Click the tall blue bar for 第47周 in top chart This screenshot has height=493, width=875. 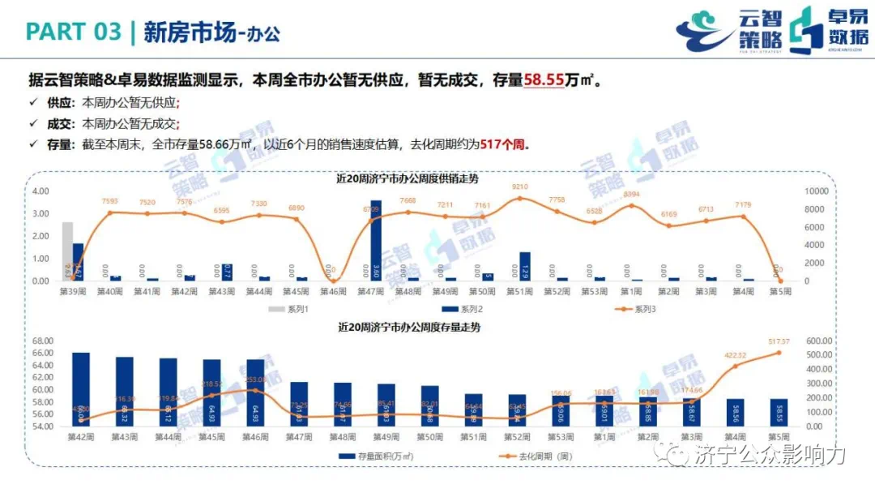click(x=376, y=240)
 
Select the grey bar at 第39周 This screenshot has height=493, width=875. click(x=67, y=251)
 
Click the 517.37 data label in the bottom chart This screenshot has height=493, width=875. click(x=779, y=341)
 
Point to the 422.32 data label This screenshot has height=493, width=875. click(x=735, y=355)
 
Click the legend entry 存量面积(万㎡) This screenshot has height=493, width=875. click(x=380, y=457)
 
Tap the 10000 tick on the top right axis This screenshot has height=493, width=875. click(x=813, y=191)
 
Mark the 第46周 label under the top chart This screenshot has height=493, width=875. click(x=334, y=291)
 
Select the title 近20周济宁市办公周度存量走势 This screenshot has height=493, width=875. click(x=409, y=328)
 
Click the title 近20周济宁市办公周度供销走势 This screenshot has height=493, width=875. click(x=408, y=178)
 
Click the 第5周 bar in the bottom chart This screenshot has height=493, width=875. click(x=779, y=412)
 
